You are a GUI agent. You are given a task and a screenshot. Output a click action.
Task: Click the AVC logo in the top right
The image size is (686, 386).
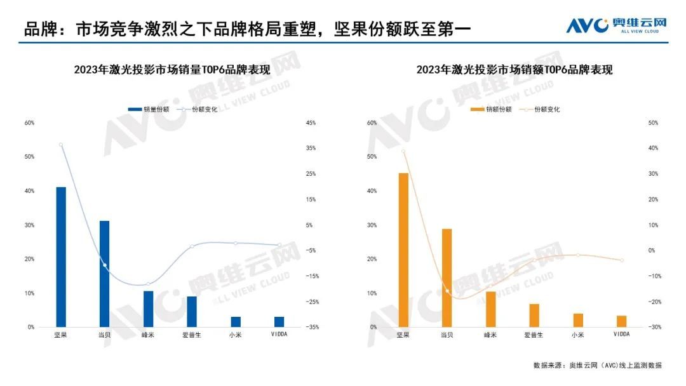point(616,26)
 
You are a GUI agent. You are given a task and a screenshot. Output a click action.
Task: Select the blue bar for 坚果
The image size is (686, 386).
point(61,257)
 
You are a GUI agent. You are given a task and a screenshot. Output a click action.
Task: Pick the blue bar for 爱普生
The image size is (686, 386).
point(192,312)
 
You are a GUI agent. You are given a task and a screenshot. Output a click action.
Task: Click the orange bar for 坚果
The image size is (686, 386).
point(403,250)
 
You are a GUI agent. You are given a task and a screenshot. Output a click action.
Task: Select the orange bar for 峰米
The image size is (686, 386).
point(491,309)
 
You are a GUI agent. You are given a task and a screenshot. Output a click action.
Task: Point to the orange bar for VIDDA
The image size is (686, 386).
point(622,321)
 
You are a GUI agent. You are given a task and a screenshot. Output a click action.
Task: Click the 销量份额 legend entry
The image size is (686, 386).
point(149,109)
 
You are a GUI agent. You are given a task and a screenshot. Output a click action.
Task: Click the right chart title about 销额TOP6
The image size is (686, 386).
point(514,70)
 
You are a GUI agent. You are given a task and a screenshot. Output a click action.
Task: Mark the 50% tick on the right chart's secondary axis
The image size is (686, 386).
point(652,123)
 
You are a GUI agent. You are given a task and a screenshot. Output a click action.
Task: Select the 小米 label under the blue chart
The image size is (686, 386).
point(236,335)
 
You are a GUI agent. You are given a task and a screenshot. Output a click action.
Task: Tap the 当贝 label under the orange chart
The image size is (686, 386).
point(447,335)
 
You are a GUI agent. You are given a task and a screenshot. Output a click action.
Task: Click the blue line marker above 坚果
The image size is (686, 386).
point(61,145)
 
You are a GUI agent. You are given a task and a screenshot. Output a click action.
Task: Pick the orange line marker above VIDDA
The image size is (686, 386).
point(622,260)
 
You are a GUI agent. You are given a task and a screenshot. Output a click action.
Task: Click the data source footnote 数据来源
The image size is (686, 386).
point(597,365)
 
